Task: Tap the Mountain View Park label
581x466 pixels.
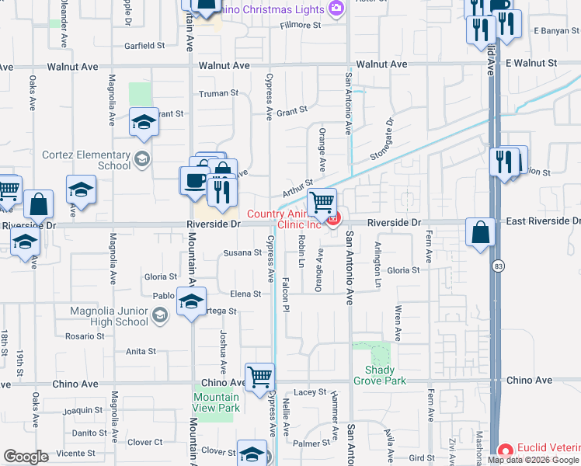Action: pos(216,402)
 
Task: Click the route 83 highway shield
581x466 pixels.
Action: pos(497,266)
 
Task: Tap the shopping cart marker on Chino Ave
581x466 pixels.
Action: pos(260,377)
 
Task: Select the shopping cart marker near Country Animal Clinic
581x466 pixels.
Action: pos(322,203)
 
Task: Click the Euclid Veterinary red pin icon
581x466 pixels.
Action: pos(505,450)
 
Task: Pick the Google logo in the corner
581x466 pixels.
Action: pos(25,456)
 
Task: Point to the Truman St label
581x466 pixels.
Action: pos(218,93)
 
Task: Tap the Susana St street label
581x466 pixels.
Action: pos(242,252)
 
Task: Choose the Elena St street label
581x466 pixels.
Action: pos(245,294)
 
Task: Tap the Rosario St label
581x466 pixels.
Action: pos(85,336)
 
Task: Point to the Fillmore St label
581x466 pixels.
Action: pos(301,26)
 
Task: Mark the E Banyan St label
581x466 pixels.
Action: pos(557,31)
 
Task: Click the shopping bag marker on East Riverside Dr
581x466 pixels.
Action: pos(481,232)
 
